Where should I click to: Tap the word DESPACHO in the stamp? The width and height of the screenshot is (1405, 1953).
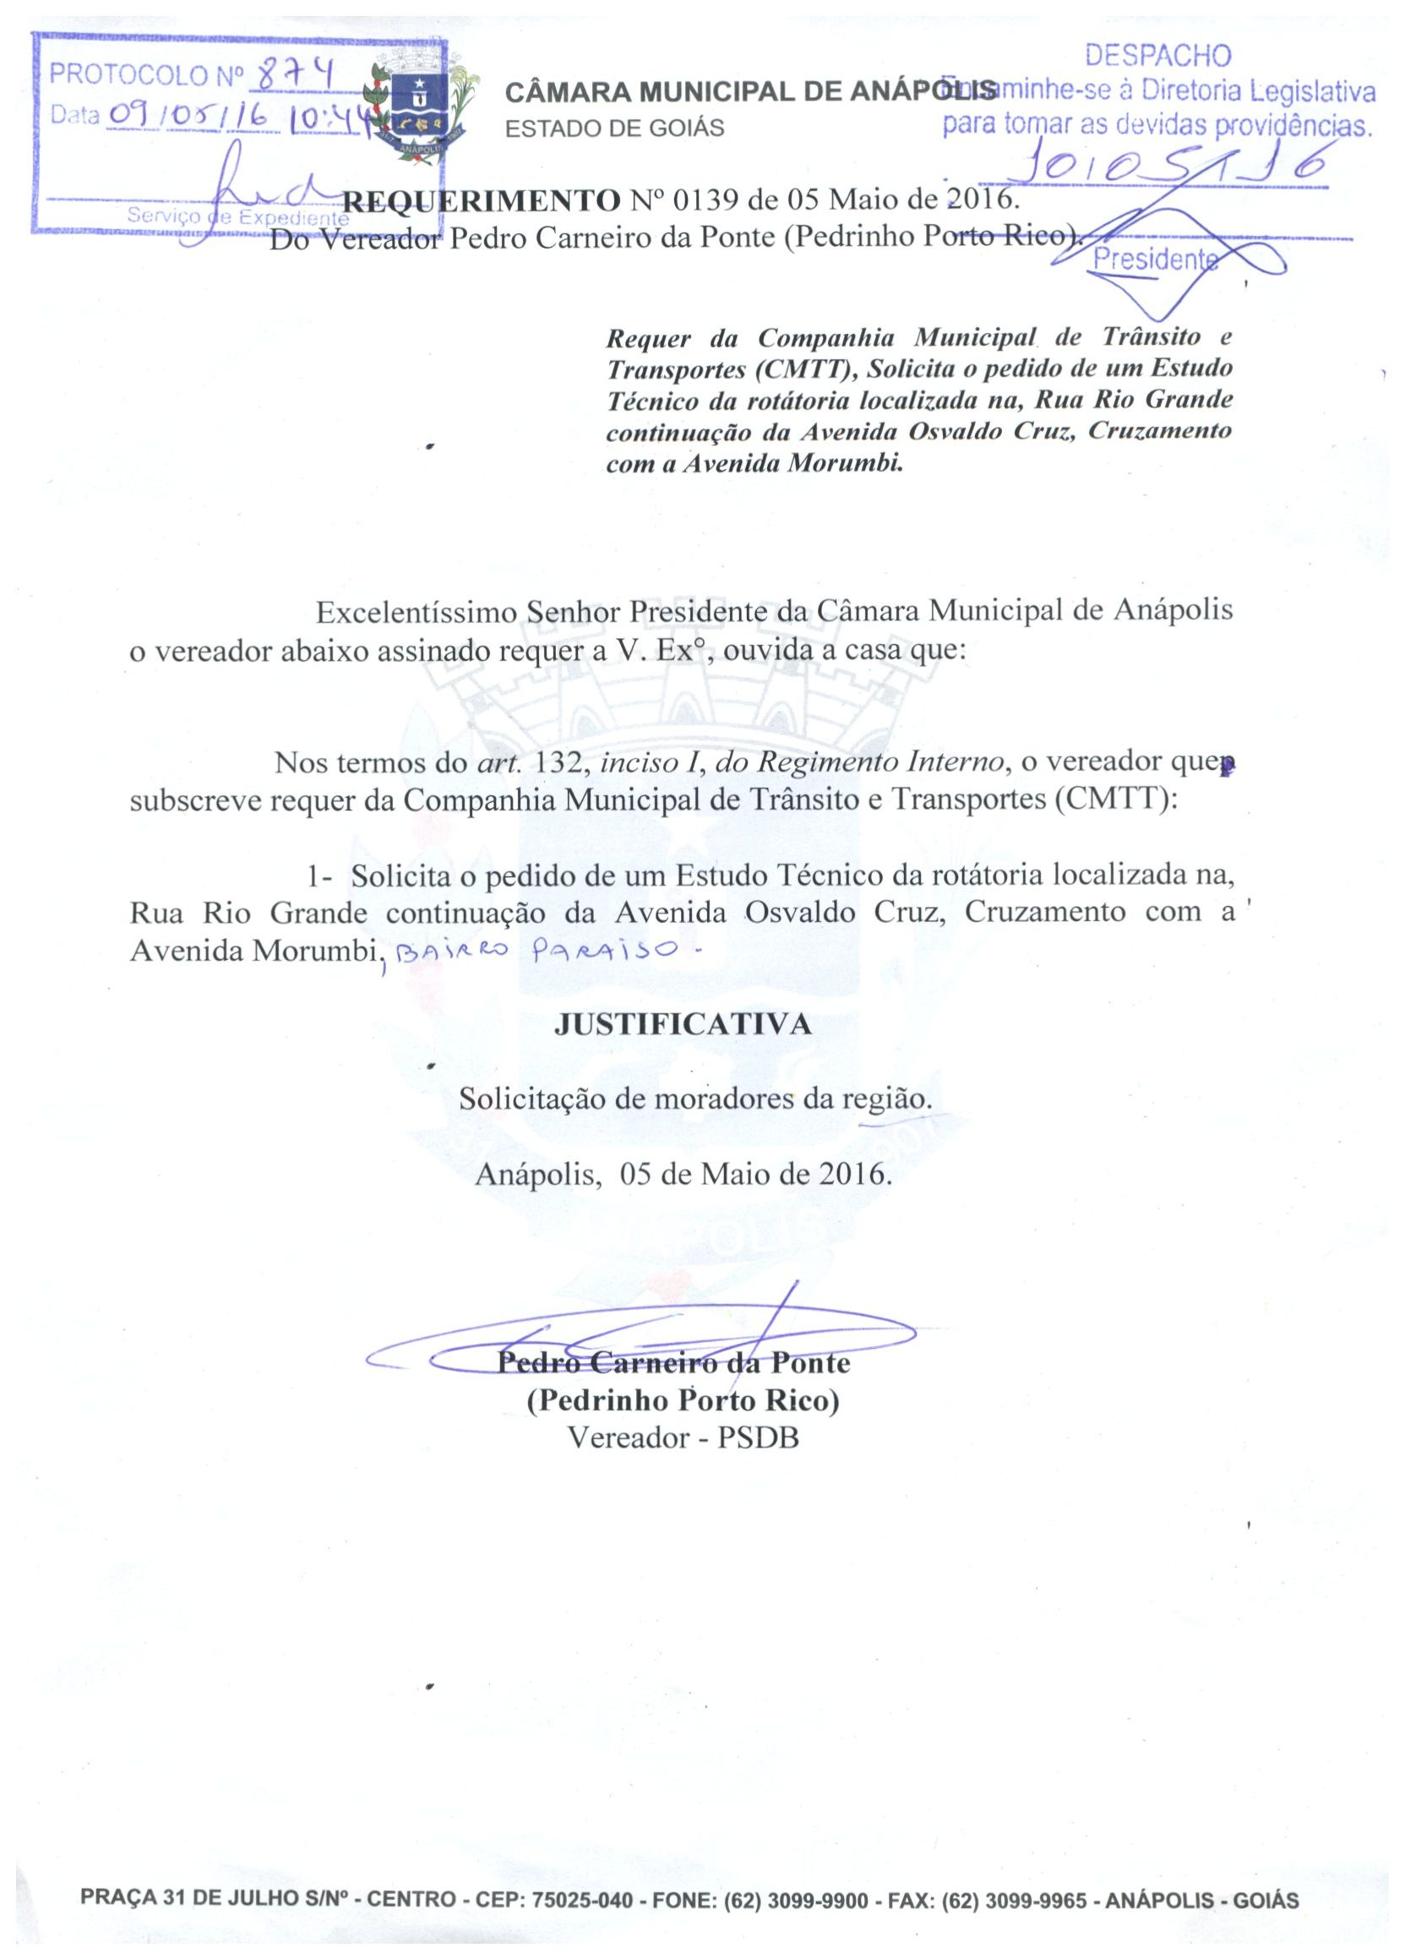[x=1158, y=56]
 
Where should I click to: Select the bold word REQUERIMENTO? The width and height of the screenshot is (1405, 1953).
[x=482, y=201]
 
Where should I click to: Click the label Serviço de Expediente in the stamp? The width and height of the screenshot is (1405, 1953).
[x=232, y=218]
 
